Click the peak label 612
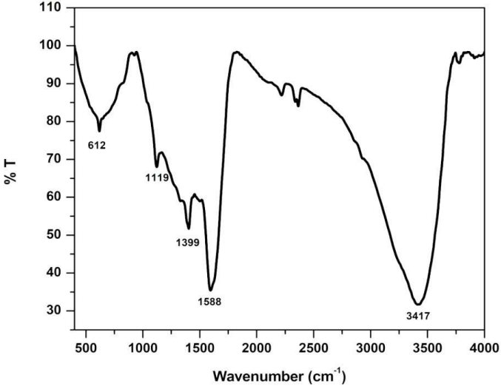pos(97,146)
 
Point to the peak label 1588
pos(210,302)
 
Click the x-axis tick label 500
pos(87,348)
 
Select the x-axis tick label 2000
pos(257,348)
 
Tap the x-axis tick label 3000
pos(370,348)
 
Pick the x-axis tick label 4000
pos(484,348)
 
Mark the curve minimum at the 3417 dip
pos(418,304)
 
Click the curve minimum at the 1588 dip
pos(211,290)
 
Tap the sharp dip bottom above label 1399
pos(189,228)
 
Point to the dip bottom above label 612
pos(99,131)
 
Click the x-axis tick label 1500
pos(200,348)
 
